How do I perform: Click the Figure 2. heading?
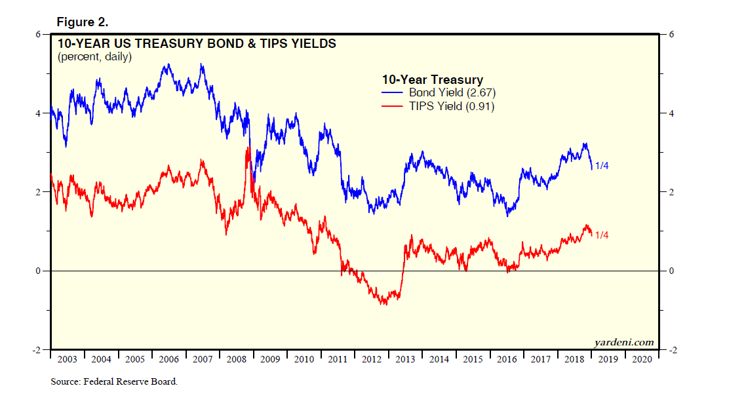[x=82, y=22]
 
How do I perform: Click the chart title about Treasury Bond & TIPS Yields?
[x=197, y=45]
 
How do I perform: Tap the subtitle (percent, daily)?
[x=94, y=57]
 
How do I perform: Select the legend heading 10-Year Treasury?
[x=432, y=81]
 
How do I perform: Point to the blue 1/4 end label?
[x=602, y=166]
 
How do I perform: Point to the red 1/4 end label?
[x=602, y=235]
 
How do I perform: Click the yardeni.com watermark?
[x=623, y=342]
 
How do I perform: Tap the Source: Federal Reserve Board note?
[x=114, y=381]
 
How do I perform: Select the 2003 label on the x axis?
[x=67, y=359]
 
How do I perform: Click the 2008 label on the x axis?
[x=236, y=359]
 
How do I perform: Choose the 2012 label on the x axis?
[x=371, y=359]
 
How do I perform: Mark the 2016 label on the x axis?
[x=506, y=359]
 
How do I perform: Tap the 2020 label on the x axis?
[x=641, y=359]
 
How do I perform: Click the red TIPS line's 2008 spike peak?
[x=248, y=149]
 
